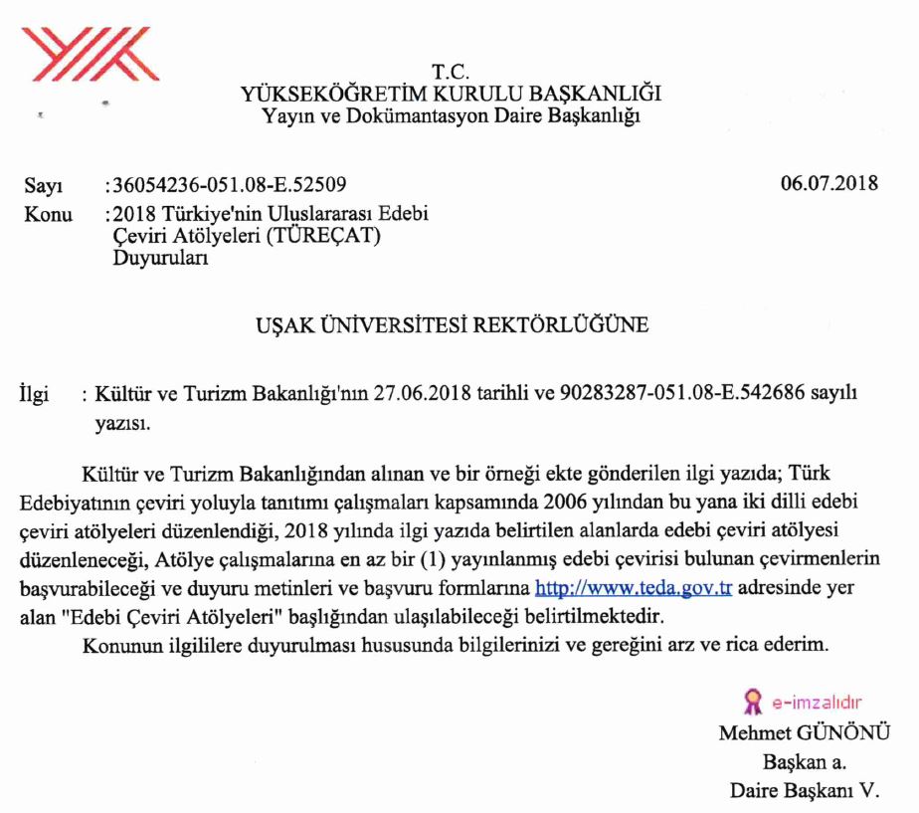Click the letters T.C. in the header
coord(451,73)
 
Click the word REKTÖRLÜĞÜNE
coord(563,325)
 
